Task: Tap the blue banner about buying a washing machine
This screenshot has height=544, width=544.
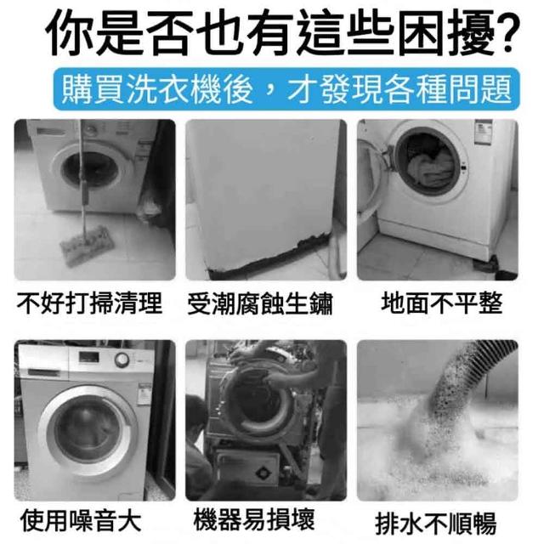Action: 286,88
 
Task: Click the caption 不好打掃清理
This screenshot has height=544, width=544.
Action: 89,303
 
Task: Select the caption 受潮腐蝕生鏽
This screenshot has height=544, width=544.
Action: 260,303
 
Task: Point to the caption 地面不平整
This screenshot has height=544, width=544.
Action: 442,303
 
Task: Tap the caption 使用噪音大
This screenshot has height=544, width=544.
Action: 81,520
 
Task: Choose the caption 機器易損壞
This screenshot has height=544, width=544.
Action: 254,519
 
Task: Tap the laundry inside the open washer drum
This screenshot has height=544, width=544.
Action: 431,167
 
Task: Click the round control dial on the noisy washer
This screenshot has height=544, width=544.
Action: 122,360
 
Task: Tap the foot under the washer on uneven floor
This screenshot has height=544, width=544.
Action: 492,265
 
